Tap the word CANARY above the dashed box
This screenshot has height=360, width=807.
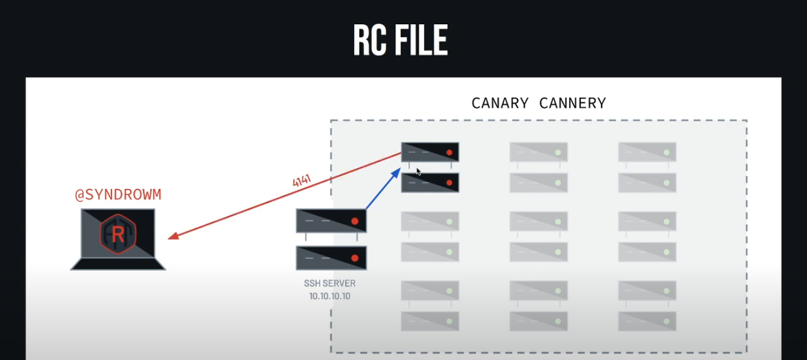pos(500,103)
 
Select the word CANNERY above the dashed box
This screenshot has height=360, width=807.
pos(573,103)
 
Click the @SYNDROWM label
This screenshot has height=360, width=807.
pos(118,195)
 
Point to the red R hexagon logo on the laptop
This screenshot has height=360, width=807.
pos(118,234)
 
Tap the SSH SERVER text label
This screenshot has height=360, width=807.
pos(330,284)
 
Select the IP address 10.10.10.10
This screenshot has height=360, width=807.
pos(330,295)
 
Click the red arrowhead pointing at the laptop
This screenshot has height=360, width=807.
pos(172,237)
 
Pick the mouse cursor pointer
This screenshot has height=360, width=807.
pos(419,172)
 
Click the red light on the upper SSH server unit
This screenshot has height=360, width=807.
pos(355,221)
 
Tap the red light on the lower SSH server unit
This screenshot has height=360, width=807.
pos(355,258)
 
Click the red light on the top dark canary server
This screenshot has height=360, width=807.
pos(449,152)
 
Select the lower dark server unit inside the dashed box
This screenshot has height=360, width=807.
pos(430,182)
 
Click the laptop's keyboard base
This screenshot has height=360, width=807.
pos(118,264)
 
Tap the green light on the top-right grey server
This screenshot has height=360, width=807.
pos(667,152)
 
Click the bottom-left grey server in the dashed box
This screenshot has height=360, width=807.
pos(430,321)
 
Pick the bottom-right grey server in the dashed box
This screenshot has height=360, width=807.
pos(647,321)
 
